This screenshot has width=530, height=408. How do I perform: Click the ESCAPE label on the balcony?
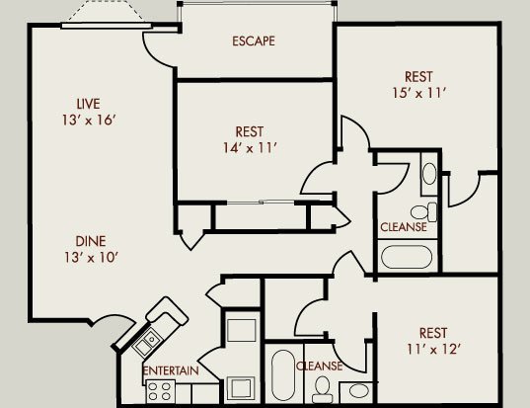click(x=254, y=41)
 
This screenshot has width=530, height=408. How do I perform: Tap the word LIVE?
click(x=88, y=104)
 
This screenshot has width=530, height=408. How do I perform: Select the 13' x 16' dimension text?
click(x=89, y=121)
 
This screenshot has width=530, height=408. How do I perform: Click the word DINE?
click(x=91, y=241)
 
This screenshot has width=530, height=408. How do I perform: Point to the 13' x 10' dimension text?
click(x=91, y=258)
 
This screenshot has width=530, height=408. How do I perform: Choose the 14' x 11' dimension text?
click(x=250, y=148)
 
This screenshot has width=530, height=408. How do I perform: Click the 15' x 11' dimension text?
click(x=419, y=93)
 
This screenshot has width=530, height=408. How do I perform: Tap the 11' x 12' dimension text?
click(x=434, y=349)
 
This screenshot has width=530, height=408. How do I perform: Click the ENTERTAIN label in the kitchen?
click(x=171, y=370)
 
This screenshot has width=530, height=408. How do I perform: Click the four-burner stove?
click(x=160, y=391)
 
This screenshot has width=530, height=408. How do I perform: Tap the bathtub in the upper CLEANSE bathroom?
click(x=407, y=257)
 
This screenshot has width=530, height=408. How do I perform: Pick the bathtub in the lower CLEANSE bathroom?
click(x=283, y=375)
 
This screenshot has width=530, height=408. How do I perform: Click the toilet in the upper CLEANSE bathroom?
click(x=423, y=211)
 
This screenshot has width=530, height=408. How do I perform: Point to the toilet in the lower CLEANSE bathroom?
click(x=323, y=389)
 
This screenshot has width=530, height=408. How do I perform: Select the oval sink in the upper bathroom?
click(x=429, y=174)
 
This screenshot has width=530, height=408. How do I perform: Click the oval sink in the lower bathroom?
click(x=358, y=391)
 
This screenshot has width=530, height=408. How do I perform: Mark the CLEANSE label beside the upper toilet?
click(x=404, y=227)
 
